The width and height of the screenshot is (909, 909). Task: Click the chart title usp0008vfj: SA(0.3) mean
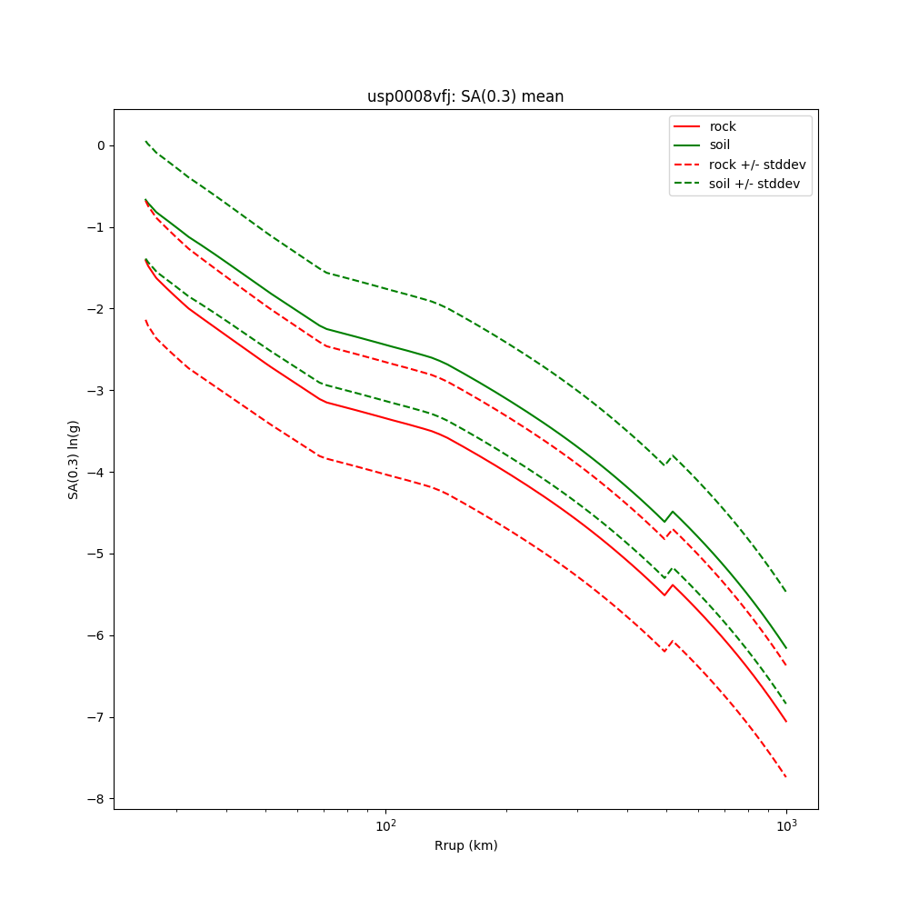[465, 96]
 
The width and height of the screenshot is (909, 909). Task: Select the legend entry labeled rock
[723, 126]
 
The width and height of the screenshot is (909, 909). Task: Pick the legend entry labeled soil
[720, 145]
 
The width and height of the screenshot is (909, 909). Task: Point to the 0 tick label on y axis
[101, 145]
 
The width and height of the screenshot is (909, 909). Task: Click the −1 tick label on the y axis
[97, 227]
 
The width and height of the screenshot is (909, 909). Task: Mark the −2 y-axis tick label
[97, 309]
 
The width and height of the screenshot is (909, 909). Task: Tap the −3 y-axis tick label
[97, 391]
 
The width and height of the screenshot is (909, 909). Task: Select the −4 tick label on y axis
[97, 473]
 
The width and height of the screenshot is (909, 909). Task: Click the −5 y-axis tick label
[97, 554]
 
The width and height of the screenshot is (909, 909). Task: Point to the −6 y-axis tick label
[97, 635]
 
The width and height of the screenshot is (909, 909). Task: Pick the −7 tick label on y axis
[97, 717]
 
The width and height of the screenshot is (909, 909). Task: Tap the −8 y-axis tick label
[97, 799]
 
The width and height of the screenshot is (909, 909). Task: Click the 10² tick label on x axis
[386, 825]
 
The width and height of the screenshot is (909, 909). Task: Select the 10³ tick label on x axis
[786, 825]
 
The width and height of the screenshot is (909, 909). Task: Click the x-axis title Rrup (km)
[465, 845]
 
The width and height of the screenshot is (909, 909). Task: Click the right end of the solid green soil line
[786, 648]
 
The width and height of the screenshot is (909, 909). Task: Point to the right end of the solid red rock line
[786, 722]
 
